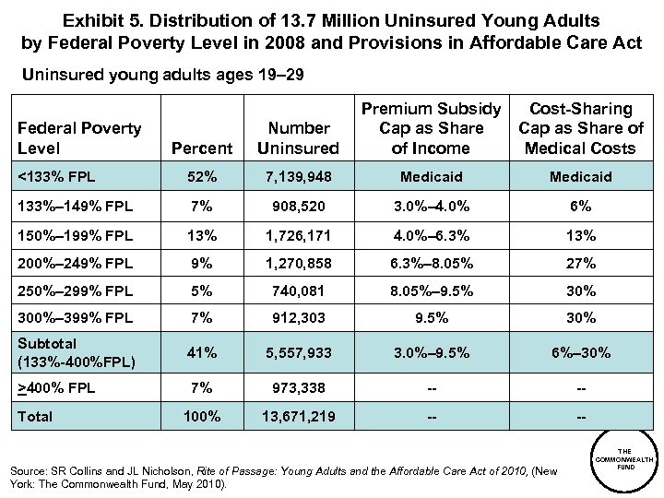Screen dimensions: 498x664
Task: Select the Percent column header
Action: pos(202,148)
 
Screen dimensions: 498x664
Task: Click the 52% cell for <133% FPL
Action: pos(202,176)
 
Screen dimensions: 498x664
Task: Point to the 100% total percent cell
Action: pos(202,416)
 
